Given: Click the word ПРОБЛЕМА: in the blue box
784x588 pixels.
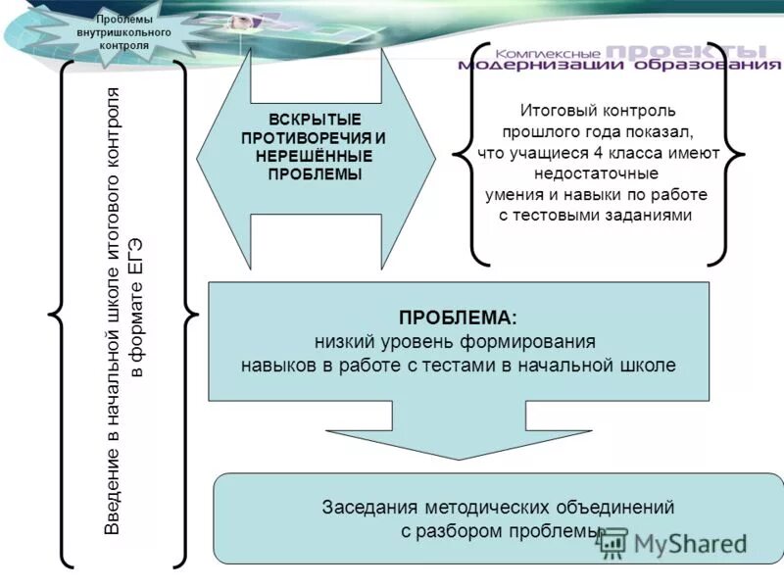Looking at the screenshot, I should click(457, 318).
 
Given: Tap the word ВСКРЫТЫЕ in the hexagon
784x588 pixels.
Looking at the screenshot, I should click(315, 119).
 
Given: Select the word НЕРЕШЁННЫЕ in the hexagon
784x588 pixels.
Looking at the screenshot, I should click(315, 156).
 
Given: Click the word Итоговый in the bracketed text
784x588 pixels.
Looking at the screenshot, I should click(550, 111).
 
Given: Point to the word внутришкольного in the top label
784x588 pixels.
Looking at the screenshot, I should click(124, 32).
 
